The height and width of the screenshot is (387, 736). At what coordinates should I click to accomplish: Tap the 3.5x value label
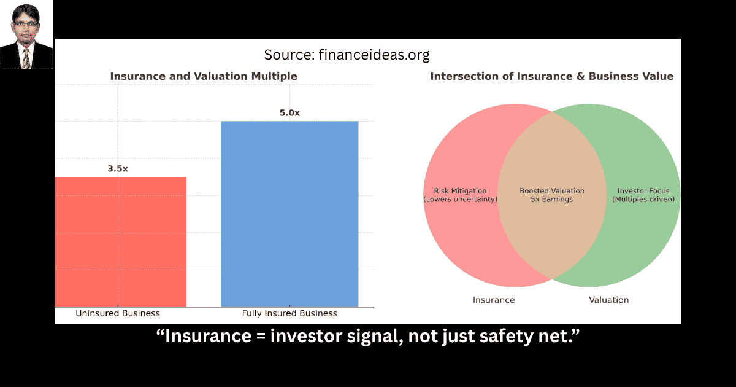(118, 168)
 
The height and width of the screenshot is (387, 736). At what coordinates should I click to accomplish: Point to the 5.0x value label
(289, 112)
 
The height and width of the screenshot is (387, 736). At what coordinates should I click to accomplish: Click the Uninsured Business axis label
(118, 313)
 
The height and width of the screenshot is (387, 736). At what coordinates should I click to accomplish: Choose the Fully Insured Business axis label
(289, 313)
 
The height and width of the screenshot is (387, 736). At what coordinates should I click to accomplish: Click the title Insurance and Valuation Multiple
(204, 76)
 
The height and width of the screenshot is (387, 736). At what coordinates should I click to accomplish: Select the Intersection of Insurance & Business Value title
(551, 76)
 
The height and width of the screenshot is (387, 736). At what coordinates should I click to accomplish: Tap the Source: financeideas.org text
(347, 55)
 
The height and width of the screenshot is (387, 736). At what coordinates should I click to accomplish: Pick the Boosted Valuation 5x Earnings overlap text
(551, 195)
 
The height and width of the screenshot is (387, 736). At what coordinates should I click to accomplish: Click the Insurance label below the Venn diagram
(494, 300)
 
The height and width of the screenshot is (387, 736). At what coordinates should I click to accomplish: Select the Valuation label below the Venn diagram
(609, 300)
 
